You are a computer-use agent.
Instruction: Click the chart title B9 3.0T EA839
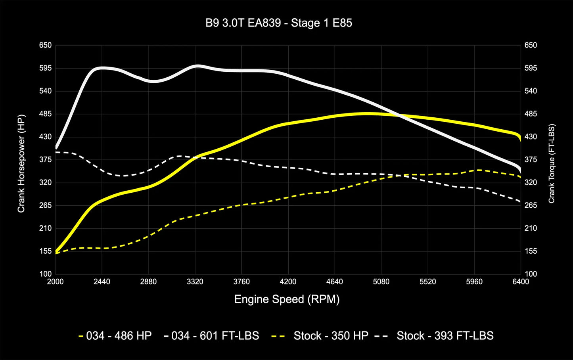(x=278, y=23)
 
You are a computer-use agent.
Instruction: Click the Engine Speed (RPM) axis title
(x=287, y=299)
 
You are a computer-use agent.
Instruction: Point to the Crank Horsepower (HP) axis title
(x=21, y=163)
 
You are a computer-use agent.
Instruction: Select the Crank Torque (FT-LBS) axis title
(x=552, y=164)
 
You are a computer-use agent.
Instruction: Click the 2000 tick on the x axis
(x=55, y=282)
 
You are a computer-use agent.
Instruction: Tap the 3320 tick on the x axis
(x=195, y=282)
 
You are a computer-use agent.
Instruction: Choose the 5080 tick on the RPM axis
(x=381, y=282)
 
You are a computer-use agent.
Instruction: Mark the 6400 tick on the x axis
(x=521, y=282)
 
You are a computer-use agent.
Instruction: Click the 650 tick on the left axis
(x=46, y=45)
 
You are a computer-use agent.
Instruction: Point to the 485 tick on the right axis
(x=531, y=114)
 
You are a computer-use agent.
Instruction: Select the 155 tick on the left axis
(x=46, y=251)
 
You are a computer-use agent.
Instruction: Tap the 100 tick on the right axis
(x=531, y=274)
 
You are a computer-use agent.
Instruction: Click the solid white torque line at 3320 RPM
(x=195, y=66)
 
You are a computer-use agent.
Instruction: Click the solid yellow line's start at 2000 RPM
(x=56, y=251)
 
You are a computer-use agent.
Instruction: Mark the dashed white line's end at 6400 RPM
(x=520, y=201)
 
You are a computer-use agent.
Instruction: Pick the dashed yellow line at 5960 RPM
(x=474, y=170)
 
